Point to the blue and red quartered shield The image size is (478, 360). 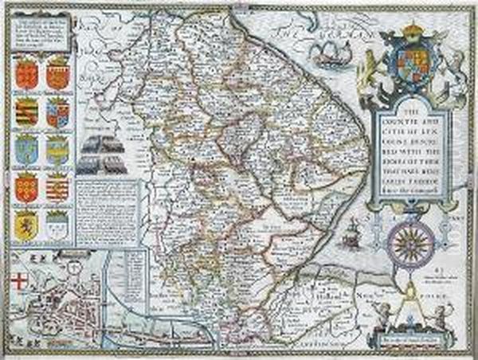57,112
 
